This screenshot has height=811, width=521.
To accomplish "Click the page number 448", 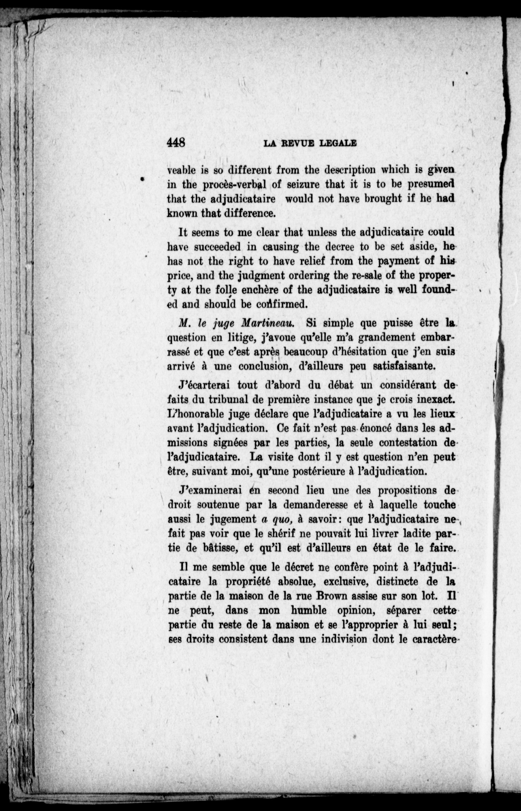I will coord(176,143).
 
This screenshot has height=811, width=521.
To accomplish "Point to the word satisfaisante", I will coord(403,367).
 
